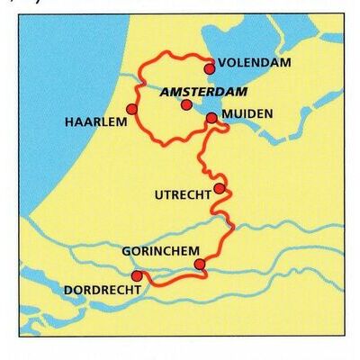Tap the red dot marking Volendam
210,67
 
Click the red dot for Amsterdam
186,104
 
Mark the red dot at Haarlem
131,109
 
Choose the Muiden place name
249,114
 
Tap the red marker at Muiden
211,117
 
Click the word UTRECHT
182,193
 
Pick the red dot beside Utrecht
219,188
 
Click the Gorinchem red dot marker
200,264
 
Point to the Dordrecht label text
103,291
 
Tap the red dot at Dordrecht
137,275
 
